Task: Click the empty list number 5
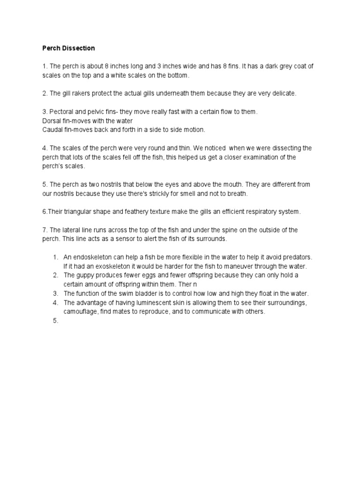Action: point(55,321)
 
